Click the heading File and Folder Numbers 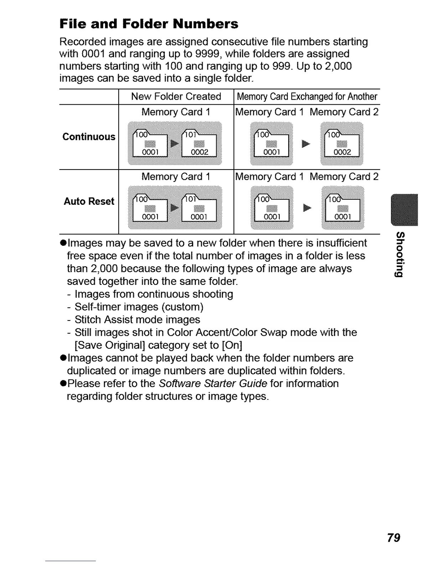pos(149,24)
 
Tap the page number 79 pos(393,537)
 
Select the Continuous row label pos(89,137)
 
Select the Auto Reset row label pos(89,201)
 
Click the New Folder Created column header pos(176,96)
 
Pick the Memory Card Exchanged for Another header pos(307,96)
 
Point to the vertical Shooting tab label pos(400,254)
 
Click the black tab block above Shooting pos(404,210)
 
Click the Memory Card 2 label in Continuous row pos(344,112)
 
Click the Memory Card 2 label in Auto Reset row pos(344,177)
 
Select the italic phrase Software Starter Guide pos(213,383)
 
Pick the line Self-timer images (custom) pos(139,307)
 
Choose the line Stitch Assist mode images pos(137,320)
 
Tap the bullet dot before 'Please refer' pos(63,384)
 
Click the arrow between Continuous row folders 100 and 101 pos(175,143)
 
